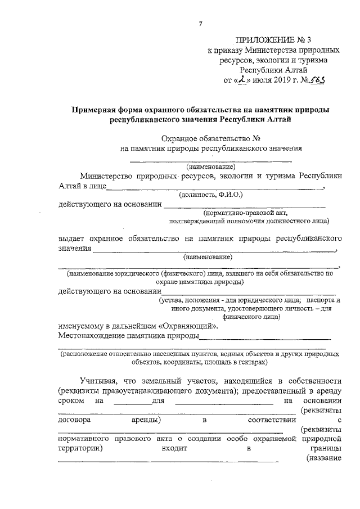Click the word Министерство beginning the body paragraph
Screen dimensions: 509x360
click(108, 176)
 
